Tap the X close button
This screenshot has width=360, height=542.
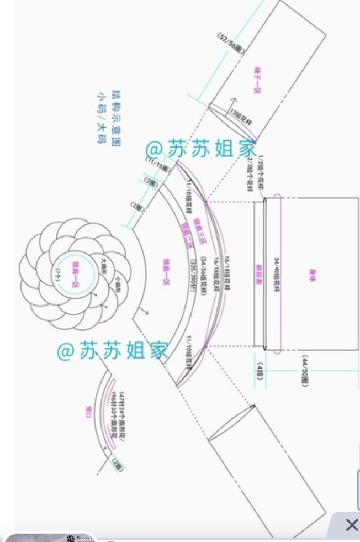tap(351, 525)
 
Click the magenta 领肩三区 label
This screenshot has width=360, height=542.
tap(197, 228)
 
